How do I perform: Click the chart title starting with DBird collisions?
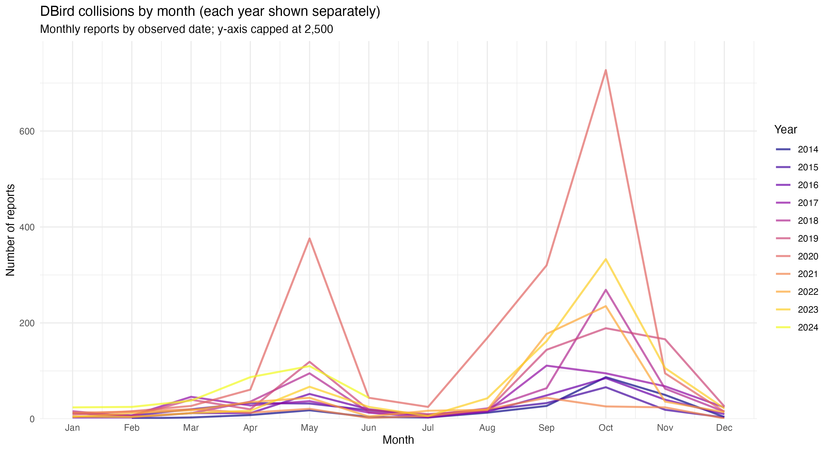click(x=210, y=12)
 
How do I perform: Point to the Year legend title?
click(x=785, y=129)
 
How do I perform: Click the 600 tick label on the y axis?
click(x=27, y=131)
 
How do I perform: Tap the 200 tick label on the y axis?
click(x=27, y=323)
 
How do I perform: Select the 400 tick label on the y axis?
click(x=27, y=227)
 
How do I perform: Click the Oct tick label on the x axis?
click(x=606, y=428)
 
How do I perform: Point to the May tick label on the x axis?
click(x=309, y=428)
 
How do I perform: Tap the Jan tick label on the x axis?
click(x=72, y=428)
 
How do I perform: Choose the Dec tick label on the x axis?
click(x=724, y=428)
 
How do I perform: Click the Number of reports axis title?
click(x=10, y=230)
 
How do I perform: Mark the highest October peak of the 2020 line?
click(x=606, y=70)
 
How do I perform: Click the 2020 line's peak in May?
click(x=309, y=238)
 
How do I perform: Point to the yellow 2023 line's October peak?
click(x=606, y=259)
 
